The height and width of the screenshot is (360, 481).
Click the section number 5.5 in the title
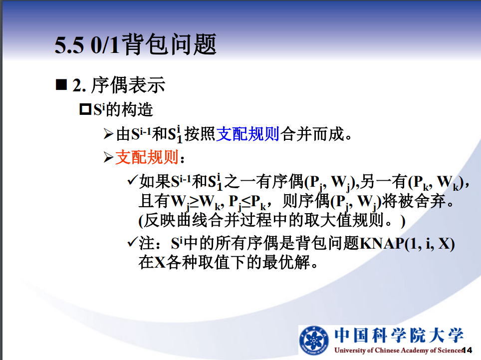[x=69, y=45]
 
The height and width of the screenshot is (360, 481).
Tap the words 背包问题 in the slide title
[x=170, y=44]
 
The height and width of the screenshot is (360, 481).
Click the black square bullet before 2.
[x=61, y=84]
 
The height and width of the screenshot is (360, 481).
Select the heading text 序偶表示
[x=128, y=85]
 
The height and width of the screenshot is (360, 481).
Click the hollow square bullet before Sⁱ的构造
[x=85, y=109]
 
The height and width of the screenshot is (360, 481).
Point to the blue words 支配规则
[x=248, y=134]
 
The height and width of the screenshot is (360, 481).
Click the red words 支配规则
[x=147, y=157]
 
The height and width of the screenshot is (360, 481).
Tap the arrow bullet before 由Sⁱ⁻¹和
[x=108, y=134]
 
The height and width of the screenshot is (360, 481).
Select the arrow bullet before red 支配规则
[x=108, y=157]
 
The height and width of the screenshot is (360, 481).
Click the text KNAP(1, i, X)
[x=407, y=244]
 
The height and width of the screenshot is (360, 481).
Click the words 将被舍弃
[x=414, y=201]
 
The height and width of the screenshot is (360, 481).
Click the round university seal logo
[x=313, y=340]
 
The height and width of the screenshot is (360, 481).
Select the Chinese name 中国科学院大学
[x=399, y=335]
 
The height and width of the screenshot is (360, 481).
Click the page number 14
[x=468, y=350]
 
